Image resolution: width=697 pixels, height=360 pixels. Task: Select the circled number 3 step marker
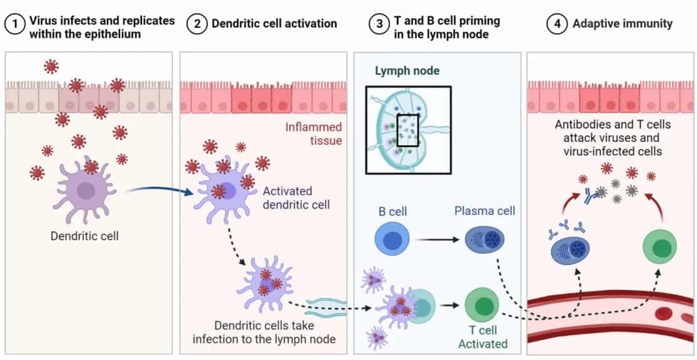click(379, 24)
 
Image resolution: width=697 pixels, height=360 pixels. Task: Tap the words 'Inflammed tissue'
click(313, 134)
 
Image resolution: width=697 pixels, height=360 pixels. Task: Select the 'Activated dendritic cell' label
click(288, 197)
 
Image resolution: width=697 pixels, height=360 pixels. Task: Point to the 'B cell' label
click(393, 211)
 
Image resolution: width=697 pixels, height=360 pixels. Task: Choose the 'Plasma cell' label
click(485, 211)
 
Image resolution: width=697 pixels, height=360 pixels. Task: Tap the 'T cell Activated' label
click(483, 337)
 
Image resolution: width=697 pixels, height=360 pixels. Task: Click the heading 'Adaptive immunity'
click(622, 24)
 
